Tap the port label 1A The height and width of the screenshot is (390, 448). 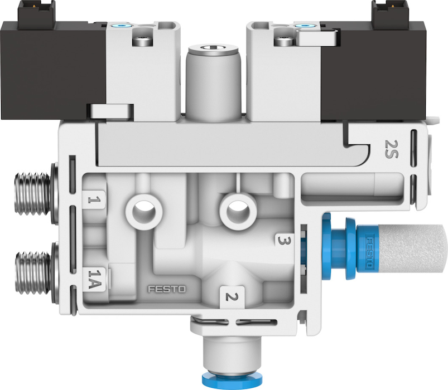pyautogui.click(x=94, y=280)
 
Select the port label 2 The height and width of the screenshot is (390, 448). pyautogui.click(x=232, y=297)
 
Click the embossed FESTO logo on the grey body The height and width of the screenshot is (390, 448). pyautogui.click(x=167, y=289)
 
